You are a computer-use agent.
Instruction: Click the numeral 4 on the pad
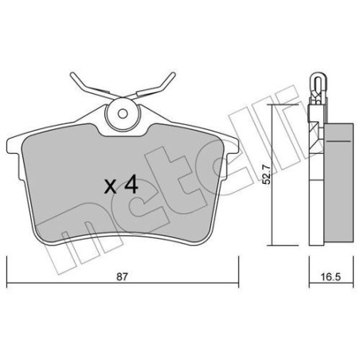pos(131,186)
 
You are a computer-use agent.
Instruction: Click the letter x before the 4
pos(112,189)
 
